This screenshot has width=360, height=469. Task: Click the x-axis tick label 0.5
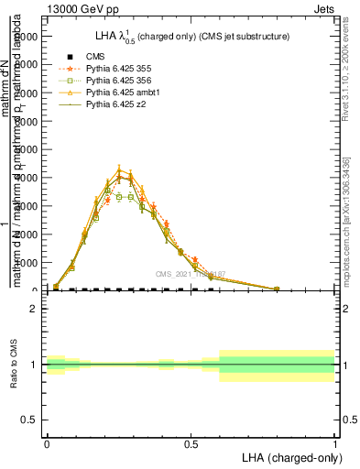pyautogui.click(x=191, y=443)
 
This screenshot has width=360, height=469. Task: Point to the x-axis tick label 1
pyautogui.click(x=335, y=443)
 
